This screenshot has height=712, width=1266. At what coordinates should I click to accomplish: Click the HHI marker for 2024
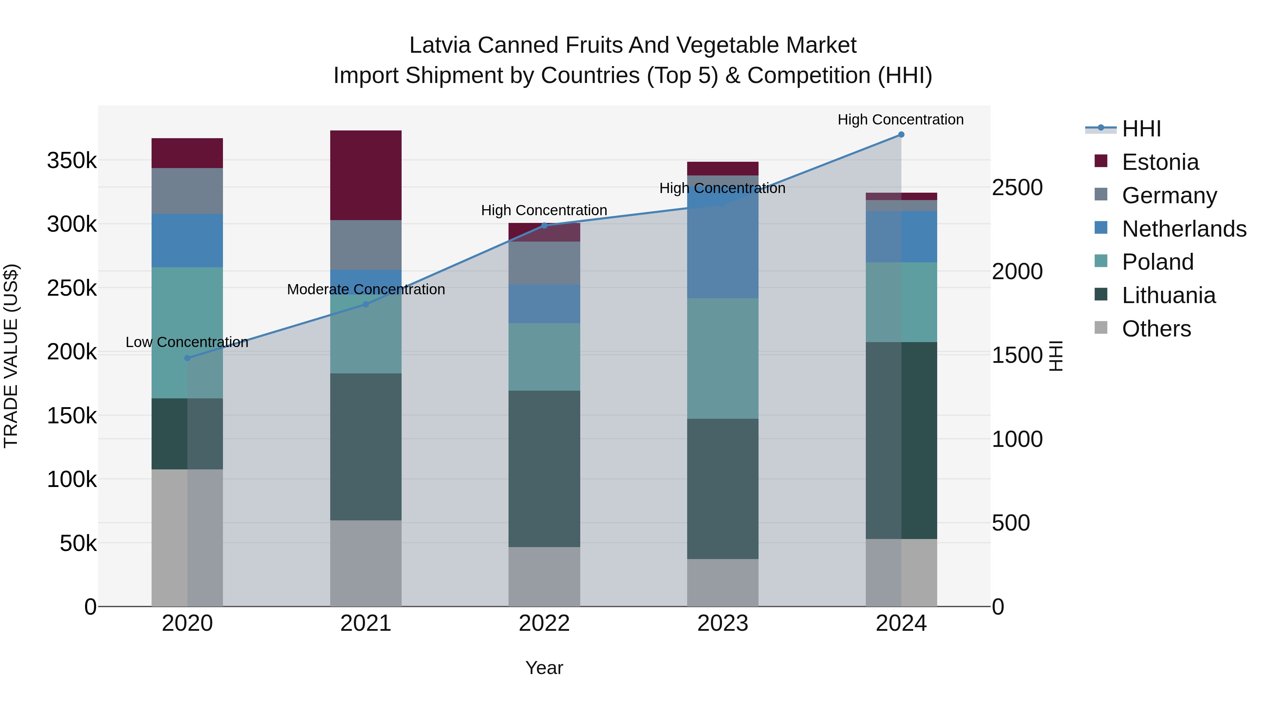coord(901,134)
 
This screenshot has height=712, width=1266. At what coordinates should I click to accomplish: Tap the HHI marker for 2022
coord(544,225)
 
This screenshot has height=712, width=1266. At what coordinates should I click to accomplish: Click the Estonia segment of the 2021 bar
coord(366,175)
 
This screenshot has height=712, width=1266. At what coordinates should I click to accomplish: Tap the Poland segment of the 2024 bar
coord(901,302)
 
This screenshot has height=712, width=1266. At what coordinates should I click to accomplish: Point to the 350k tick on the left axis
coord(72,161)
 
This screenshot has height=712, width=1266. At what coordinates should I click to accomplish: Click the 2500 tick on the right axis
coord(1017,188)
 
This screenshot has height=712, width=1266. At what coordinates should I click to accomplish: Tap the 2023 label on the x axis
coord(722,623)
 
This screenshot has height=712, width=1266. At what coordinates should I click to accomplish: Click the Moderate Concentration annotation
coord(366,289)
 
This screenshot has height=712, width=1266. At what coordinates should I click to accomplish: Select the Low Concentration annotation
coord(187,342)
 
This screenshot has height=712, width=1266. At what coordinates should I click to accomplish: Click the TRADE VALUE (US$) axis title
coord(11,356)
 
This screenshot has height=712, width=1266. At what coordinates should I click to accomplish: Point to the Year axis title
coord(544,668)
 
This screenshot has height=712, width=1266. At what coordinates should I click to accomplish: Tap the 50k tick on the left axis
coord(78,544)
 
